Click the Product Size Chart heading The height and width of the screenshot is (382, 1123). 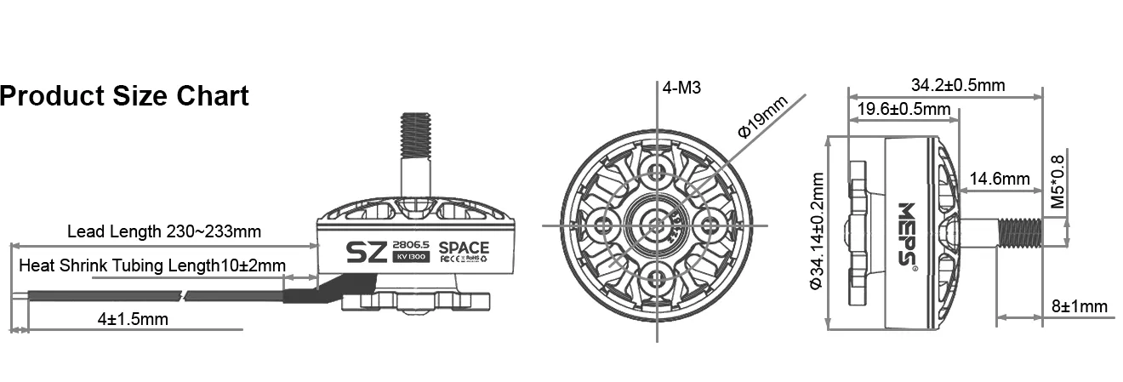click(124, 96)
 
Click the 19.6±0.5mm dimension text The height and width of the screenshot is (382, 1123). click(904, 109)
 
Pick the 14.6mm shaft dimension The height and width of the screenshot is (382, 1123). click(1000, 179)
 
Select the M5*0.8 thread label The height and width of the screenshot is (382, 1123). click(1057, 182)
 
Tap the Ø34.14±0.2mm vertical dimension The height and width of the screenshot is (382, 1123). click(818, 231)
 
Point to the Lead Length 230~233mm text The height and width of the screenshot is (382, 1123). click(163, 231)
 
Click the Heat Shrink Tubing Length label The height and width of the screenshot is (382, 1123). click(152, 265)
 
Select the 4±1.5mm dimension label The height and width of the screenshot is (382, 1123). click(133, 319)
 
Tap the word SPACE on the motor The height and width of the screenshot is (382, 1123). click(464, 248)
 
